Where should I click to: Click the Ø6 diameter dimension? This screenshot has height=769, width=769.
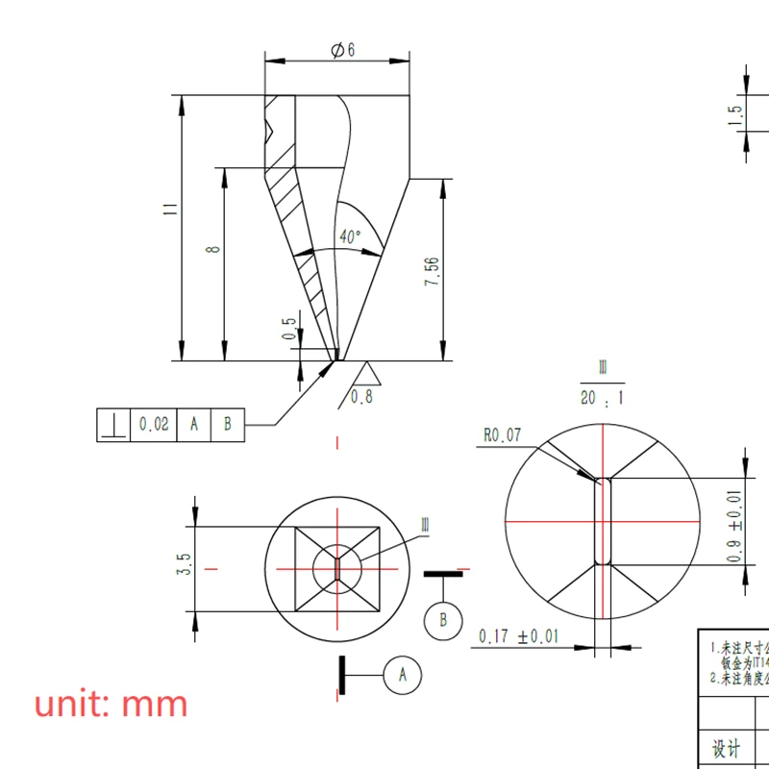[x=342, y=50]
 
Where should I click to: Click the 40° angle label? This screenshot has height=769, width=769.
[x=350, y=236]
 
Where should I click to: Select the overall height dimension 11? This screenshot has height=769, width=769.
[x=169, y=209]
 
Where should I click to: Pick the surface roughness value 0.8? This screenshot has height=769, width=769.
[x=361, y=397]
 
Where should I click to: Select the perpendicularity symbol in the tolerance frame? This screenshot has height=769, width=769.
[x=113, y=424]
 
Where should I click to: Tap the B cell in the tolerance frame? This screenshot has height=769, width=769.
[x=228, y=424]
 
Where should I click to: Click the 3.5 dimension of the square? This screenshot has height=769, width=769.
[x=186, y=564]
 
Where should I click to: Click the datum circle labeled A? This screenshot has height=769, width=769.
[x=403, y=675]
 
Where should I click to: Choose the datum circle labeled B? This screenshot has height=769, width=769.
[x=443, y=620]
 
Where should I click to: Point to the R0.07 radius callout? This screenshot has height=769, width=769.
[x=502, y=435]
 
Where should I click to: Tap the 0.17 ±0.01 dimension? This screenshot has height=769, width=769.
[x=518, y=636]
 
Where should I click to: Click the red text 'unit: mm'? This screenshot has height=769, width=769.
[x=112, y=705]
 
